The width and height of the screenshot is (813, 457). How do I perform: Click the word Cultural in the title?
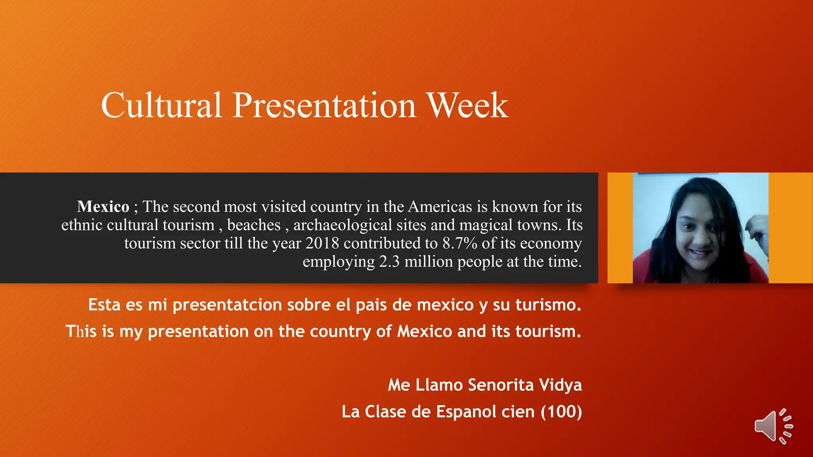pos(161,105)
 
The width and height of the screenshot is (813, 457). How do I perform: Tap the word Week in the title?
pos(467,105)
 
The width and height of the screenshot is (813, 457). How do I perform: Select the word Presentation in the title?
pos(324,105)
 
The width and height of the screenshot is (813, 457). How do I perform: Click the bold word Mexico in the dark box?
pos(103,207)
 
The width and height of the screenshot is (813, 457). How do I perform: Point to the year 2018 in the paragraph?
pos(322,243)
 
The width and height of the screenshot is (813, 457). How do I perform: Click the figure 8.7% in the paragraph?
pos(460,243)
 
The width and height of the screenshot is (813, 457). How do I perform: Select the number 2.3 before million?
pos(389,262)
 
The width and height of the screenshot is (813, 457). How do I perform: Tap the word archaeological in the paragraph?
pos(343,225)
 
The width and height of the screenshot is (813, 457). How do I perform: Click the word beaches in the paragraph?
pos(254,225)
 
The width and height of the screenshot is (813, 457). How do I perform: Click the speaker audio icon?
pos(773,426)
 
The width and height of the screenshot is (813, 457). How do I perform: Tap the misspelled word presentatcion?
pos(227,305)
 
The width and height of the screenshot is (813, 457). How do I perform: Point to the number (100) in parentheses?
pos(561,412)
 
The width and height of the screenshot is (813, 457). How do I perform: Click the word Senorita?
pos(501,385)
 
